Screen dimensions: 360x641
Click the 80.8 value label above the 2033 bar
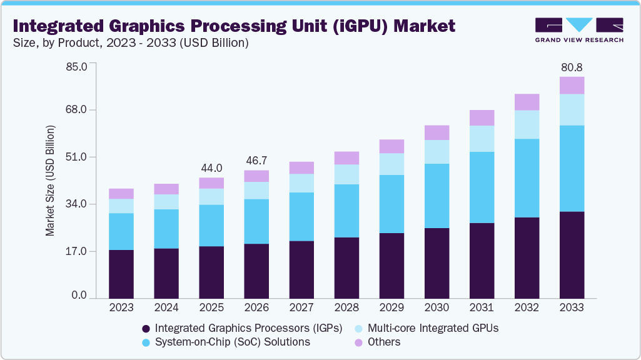[572, 67]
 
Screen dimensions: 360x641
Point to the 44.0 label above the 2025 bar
[211, 168]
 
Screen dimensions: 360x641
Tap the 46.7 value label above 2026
[256, 161]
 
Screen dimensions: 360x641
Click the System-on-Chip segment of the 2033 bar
[572, 169]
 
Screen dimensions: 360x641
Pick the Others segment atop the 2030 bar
[437, 132]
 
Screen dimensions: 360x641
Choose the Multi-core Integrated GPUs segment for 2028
[346, 174]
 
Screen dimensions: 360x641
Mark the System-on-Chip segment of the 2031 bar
[482, 187]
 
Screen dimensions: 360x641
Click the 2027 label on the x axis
[301, 308]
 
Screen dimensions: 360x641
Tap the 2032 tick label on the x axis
[527, 308]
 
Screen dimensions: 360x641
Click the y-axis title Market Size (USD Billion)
[50, 181]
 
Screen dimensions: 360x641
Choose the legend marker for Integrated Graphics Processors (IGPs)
[146, 327]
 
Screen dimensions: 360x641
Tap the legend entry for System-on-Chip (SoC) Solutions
[232, 342]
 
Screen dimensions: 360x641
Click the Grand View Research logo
[579, 29]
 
